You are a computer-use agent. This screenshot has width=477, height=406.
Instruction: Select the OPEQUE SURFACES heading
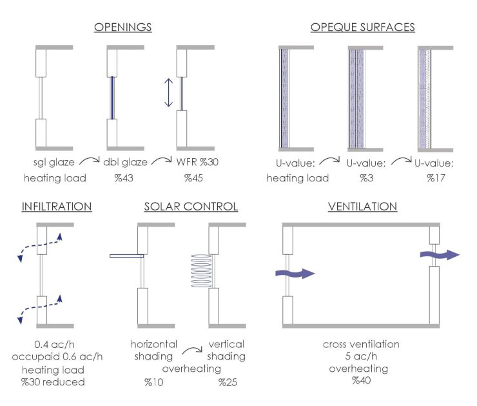(x=362, y=27)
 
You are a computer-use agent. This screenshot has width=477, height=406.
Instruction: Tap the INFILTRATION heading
(x=57, y=207)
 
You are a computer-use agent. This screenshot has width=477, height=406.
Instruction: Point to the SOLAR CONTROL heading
(x=191, y=207)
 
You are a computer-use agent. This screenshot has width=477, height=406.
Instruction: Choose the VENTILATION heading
(x=362, y=207)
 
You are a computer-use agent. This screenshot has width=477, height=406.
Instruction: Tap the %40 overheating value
(x=361, y=381)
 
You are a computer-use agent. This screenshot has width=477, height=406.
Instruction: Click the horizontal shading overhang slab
(x=126, y=256)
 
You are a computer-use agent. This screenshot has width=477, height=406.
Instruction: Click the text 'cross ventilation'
(x=361, y=344)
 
